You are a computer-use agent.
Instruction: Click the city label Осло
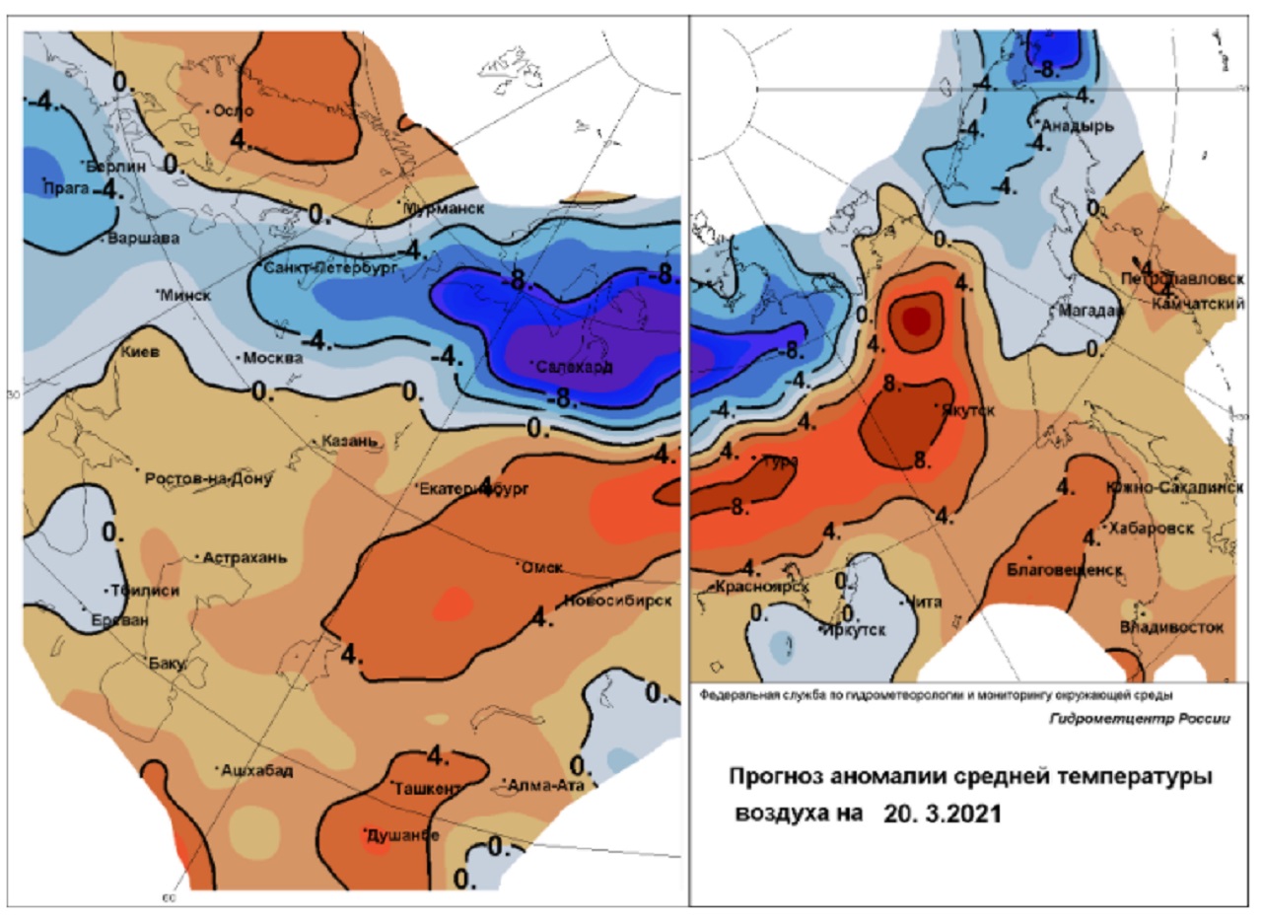235,110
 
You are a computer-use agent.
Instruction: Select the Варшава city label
143,238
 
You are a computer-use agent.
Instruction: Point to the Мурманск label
447,209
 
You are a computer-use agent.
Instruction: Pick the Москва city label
272,357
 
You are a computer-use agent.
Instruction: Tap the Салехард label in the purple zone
575,367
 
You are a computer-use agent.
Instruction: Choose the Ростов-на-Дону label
208,479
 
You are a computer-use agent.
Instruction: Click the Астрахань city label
245,557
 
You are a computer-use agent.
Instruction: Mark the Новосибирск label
618,601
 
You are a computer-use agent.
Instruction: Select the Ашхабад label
257,770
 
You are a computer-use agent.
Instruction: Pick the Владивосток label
1172,627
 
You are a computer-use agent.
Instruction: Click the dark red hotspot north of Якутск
916,318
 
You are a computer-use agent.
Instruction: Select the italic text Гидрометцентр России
1140,718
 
